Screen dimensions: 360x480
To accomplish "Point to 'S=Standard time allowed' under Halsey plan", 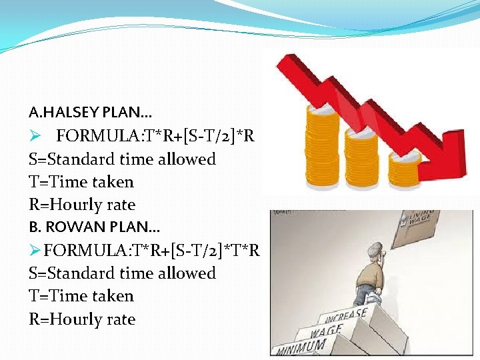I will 122,159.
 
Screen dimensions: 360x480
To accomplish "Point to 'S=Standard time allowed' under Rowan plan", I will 122,273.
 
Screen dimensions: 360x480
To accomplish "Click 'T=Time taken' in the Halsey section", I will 81,182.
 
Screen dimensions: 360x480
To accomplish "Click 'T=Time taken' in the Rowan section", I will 81,296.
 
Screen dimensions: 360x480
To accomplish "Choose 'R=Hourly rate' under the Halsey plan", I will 81,205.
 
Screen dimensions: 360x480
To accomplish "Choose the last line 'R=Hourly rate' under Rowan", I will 81,319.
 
